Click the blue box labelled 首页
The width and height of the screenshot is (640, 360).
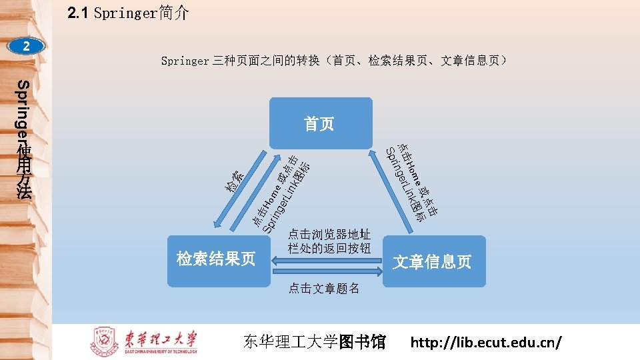320,123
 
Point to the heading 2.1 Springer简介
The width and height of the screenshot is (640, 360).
128,13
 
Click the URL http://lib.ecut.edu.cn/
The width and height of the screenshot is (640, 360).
486,343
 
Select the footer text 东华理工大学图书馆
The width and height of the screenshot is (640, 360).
315,343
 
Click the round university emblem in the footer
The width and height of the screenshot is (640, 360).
104,342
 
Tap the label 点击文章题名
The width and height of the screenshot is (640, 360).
324,289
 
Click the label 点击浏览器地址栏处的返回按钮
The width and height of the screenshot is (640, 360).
329,241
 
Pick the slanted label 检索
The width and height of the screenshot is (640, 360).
235,181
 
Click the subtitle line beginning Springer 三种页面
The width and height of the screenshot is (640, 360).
337,61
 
